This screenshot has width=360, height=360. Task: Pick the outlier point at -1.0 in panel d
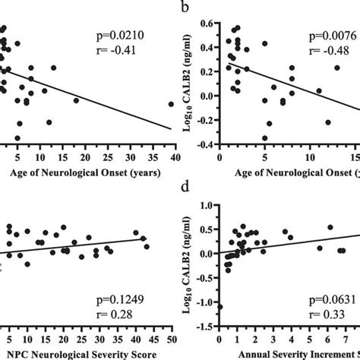(219, 307)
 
